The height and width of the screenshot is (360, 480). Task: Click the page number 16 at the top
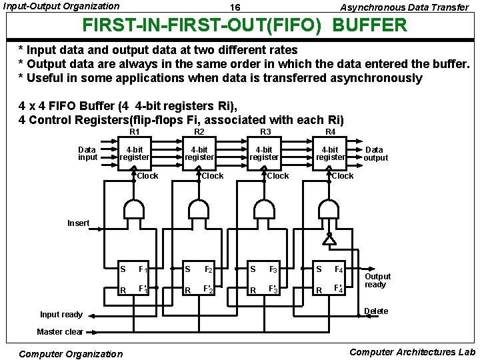pos(235,7)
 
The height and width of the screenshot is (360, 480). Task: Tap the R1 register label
pos(135,132)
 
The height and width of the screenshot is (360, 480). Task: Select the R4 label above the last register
pos(330,132)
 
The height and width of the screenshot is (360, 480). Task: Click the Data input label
pos(87,153)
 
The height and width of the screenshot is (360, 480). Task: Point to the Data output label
pos(375,153)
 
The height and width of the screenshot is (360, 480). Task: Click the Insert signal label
pos(78,223)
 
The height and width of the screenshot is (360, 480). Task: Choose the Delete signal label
pos(376,311)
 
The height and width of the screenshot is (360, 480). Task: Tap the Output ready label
pos(377,281)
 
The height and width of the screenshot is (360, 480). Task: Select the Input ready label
pos(61,315)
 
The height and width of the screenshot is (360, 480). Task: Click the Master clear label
pos(60,331)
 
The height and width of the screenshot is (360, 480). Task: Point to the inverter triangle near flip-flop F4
pos(329,238)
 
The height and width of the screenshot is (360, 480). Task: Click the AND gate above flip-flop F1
pos(135,211)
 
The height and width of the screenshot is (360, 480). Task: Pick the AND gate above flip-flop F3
pos(265,211)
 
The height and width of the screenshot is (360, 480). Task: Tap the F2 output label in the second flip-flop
pos(208,270)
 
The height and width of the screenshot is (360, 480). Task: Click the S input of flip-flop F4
pos(319,269)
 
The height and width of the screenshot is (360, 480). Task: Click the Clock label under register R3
pos(277,176)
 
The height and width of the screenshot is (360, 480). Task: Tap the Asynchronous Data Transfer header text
pos(405,7)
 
